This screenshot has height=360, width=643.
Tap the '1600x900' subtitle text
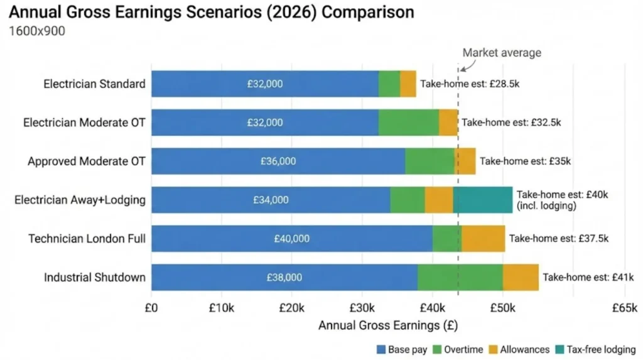pos(36,31)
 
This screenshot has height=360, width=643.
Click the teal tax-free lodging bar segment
pos(482,200)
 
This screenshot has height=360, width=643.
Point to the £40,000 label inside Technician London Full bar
pos(291,239)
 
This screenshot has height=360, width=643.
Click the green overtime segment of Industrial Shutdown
pos(460,277)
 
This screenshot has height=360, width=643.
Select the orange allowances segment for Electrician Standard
pos(408,84)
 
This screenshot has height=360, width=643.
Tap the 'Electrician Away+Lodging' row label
pos(80,200)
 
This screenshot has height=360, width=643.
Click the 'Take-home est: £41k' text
pos(588,277)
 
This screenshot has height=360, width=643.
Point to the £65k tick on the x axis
pos(624,308)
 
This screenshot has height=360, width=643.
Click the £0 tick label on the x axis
pos(151,308)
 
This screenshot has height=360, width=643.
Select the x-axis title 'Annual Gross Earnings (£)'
pos(388,325)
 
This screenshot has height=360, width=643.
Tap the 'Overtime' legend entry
pos(459,349)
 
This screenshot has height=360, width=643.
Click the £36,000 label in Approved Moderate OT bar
pos(278,161)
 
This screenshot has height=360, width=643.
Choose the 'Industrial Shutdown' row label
pos(94,277)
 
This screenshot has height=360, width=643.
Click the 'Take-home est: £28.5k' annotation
pos(470,84)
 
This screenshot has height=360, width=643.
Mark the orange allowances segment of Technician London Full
pos(483,239)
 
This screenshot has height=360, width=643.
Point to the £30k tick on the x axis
pos(362,308)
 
